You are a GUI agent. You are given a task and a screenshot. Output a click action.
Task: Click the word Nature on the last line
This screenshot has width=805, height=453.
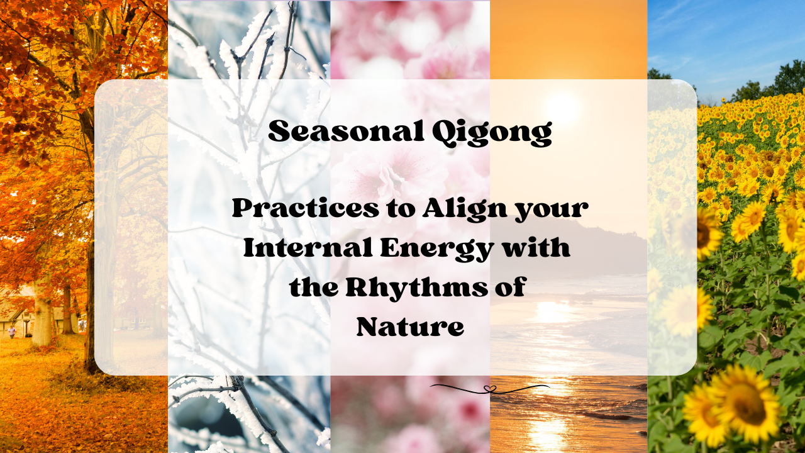click(x=410, y=327)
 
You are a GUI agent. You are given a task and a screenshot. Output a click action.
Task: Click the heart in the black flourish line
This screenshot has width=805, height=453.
click(x=492, y=389)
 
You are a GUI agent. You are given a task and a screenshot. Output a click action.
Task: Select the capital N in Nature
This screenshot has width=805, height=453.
click(x=369, y=327)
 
